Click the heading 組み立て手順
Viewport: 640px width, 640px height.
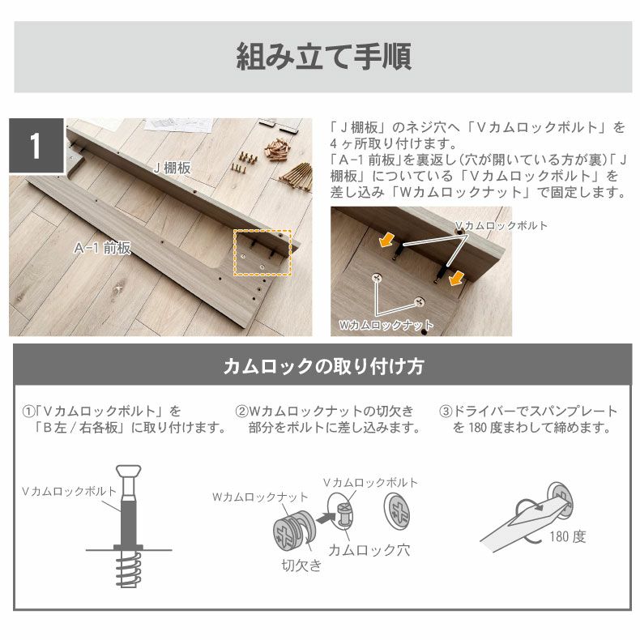(x=323, y=58)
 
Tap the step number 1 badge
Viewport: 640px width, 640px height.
(x=36, y=147)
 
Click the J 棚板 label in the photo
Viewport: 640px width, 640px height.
(x=172, y=168)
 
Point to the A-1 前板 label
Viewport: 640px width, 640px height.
(x=103, y=248)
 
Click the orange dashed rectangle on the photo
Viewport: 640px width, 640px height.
(x=262, y=253)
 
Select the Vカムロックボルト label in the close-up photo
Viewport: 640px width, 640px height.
(x=500, y=225)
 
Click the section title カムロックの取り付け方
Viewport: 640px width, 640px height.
(x=323, y=366)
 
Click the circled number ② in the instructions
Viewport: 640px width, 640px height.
(x=241, y=412)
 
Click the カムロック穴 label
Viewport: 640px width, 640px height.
(x=369, y=550)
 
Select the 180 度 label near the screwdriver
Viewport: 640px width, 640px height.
(x=567, y=536)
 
